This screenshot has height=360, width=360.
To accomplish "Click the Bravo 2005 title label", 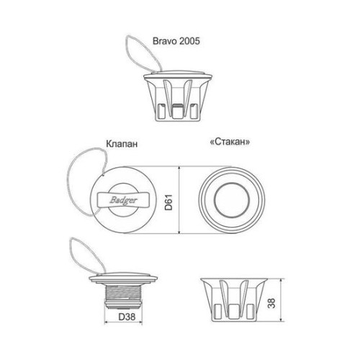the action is pos(176,41).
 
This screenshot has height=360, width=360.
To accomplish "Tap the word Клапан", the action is pos(122,144).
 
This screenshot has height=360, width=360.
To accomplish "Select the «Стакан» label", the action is pos(230,142).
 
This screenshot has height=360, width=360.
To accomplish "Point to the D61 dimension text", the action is pos(168,202).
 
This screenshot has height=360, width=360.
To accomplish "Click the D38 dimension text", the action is pos(127,317).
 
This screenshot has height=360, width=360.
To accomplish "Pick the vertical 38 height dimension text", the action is pos(271,303).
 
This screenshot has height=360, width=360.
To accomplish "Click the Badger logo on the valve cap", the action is pos(123,200).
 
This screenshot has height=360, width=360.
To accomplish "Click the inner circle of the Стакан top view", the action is pos(232,200).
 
